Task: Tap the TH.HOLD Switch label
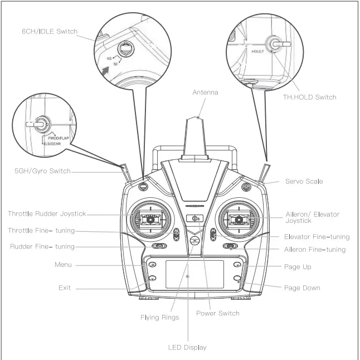pos(309,97)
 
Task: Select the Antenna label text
pos(205,93)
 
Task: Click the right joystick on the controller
pos(239,220)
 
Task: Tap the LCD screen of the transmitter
pos(194,274)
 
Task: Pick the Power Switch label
pos(217,313)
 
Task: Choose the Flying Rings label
pos(159,318)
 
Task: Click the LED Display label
pos(187,348)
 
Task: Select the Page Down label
pos(302,288)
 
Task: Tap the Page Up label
pos(298,267)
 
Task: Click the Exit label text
pos(65,288)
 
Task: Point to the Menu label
pos(63,264)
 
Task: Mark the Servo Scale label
pos(304,182)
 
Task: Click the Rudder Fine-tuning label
pos(42,247)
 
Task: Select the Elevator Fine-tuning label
pos(317,237)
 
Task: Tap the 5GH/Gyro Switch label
pos(42,171)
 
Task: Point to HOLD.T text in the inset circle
pos(257,51)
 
